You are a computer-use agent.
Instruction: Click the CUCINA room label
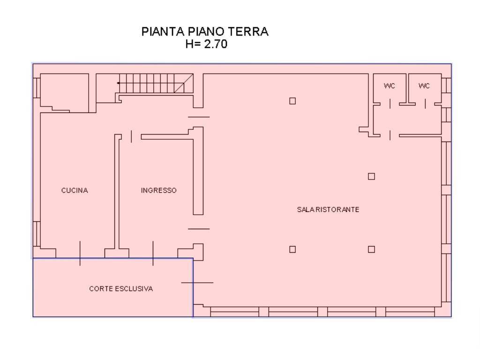(75, 190)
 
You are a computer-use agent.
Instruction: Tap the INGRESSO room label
(158, 190)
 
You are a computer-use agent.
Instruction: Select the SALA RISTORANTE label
(328, 210)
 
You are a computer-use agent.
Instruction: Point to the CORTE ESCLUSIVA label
(121, 289)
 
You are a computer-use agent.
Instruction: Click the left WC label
(390, 86)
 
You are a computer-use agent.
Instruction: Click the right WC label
(424, 86)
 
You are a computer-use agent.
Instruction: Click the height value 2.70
(216, 44)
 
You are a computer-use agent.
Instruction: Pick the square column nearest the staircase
(292, 101)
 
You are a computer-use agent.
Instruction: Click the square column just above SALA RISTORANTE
(371, 176)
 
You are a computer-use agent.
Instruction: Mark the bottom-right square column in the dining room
(371, 249)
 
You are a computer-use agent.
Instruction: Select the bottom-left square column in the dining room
(292, 249)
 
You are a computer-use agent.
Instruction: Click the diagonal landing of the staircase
(184, 83)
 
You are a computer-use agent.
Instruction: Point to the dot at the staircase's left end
(118, 83)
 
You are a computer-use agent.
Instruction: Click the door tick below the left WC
(390, 104)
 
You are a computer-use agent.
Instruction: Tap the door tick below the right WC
(425, 104)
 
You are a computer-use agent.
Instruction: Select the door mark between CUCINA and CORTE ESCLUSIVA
(80, 253)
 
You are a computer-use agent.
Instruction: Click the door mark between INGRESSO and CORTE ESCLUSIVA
(153, 253)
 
